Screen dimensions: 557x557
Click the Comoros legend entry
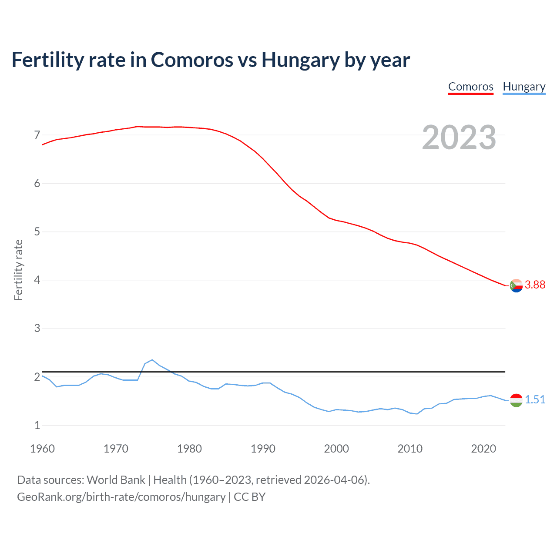[470, 87]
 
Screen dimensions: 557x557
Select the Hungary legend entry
[524, 87]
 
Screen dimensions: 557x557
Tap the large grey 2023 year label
[459, 138]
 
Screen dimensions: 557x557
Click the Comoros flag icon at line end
[516, 286]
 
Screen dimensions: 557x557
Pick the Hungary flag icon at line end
[516, 400]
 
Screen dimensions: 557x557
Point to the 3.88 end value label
[535, 285]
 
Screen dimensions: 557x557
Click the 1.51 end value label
[535, 399]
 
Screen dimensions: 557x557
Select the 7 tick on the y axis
[37, 135]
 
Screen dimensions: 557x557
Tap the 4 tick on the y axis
[37, 280]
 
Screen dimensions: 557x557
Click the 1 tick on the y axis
[37, 425]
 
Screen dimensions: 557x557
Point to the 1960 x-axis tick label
[42, 449]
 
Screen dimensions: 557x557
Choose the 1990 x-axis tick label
[263, 449]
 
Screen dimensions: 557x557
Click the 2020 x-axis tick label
[483, 449]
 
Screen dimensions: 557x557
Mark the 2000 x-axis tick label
[336, 449]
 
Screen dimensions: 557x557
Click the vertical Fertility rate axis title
[18, 270]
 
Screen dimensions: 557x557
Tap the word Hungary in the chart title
[300, 60]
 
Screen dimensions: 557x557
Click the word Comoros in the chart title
[191, 60]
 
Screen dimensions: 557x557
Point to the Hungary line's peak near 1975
[152, 360]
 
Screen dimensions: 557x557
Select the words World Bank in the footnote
[116, 480]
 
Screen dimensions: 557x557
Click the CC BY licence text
[249, 497]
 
